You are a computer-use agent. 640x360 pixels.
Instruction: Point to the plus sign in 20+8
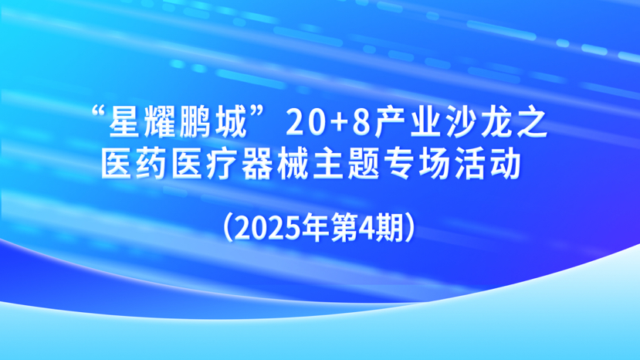(x=339, y=125)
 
